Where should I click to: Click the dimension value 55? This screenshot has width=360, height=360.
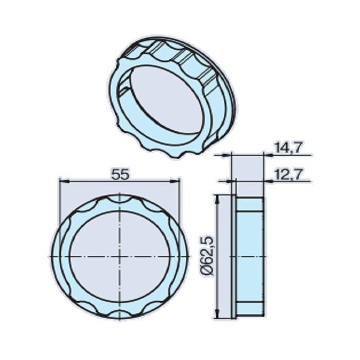pos(120,174)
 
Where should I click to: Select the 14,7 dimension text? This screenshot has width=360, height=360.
pos(287,148)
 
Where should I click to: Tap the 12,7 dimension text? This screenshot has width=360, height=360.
pos(287,175)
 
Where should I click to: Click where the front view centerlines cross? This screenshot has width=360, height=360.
pos(120,256)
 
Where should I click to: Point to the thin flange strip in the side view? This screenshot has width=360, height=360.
pos(233,256)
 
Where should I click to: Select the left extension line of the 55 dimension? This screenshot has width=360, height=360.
pos(60,206)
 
